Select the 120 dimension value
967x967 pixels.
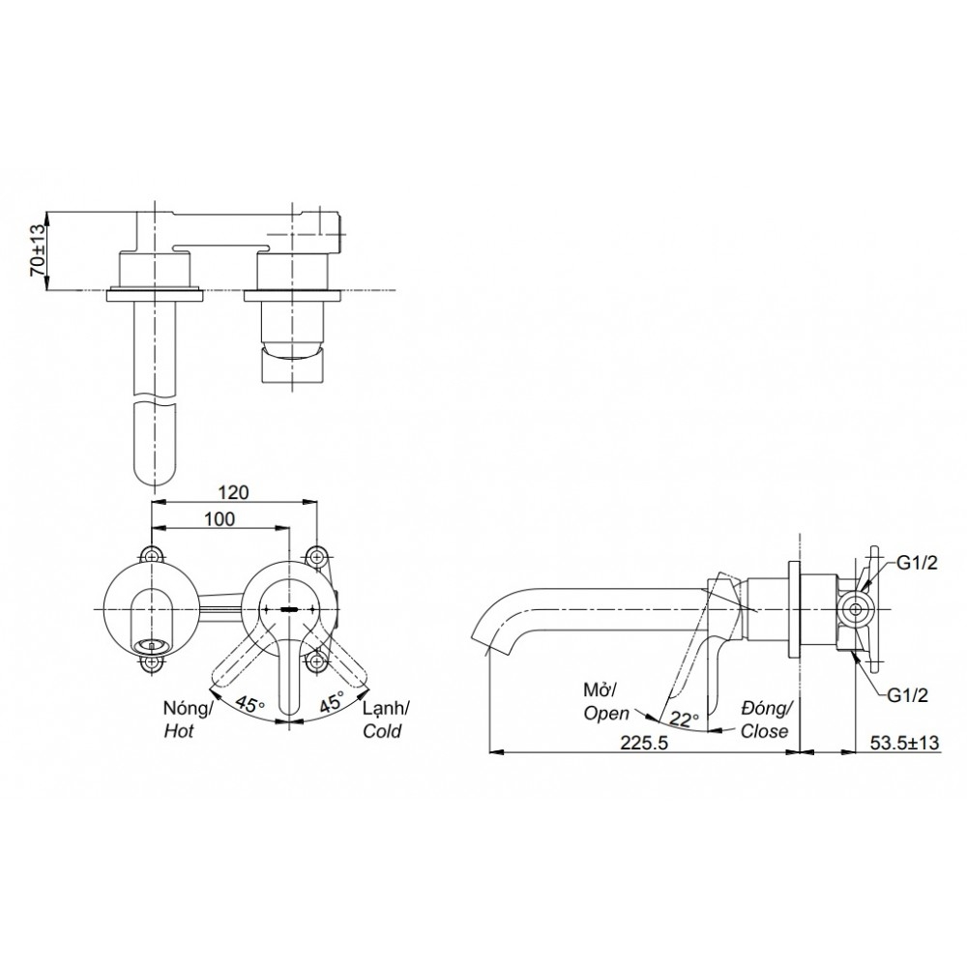(232, 491)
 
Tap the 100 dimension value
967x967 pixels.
(220, 518)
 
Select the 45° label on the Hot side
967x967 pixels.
(249, 706)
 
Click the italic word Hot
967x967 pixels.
(179, 732)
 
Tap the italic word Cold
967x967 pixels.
(382, 732)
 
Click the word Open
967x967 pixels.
(605, 713)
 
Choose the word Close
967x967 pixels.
(765, 731)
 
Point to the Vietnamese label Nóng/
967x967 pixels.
(185, 709)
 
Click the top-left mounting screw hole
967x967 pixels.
(152, 555)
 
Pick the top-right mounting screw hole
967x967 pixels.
(317, 555)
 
